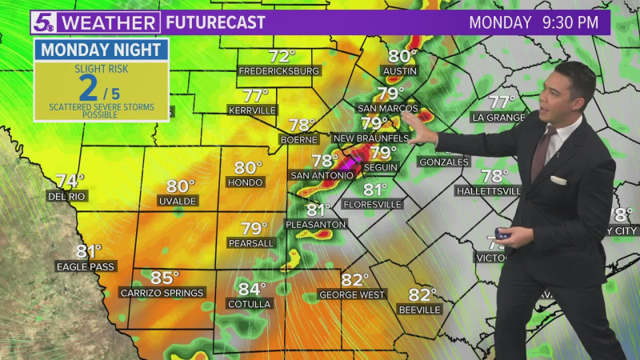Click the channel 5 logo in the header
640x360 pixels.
point(45,22)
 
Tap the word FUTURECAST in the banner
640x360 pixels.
point(214,22)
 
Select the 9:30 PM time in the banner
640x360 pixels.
point(570,22)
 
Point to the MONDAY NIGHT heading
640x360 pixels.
point(101,50)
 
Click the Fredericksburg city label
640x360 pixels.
point(279,71)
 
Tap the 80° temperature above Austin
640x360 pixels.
point(402,56)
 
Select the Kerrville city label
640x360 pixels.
point(251,110)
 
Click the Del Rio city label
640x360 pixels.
point(67,196)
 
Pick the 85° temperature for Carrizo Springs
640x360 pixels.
point(165,278)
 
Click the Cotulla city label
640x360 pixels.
point(249,304)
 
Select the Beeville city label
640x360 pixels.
point(419,310)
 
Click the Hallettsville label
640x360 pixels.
point(488,191)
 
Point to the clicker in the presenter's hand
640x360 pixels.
point(502,234)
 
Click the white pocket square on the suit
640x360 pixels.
point(558,181)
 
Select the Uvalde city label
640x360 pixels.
point(177,201)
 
